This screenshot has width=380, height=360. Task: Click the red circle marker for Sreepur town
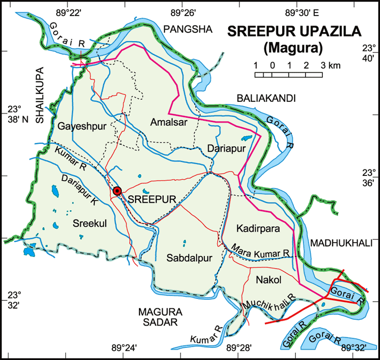tap(117, 191)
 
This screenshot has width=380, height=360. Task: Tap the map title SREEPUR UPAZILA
tap(294, 31)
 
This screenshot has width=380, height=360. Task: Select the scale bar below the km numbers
tap(289, 75)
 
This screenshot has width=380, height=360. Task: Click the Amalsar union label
tap(168, 122)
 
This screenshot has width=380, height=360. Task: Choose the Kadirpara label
tap(256, 228)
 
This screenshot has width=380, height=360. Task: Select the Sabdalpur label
tap(189, 258)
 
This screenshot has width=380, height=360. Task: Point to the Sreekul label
tap(89, 223)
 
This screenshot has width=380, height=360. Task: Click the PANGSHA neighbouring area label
tap(188, 30)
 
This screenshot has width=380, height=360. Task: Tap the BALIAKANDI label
tap(266, 98)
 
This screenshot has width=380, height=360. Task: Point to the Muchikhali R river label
tap(270, 302)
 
